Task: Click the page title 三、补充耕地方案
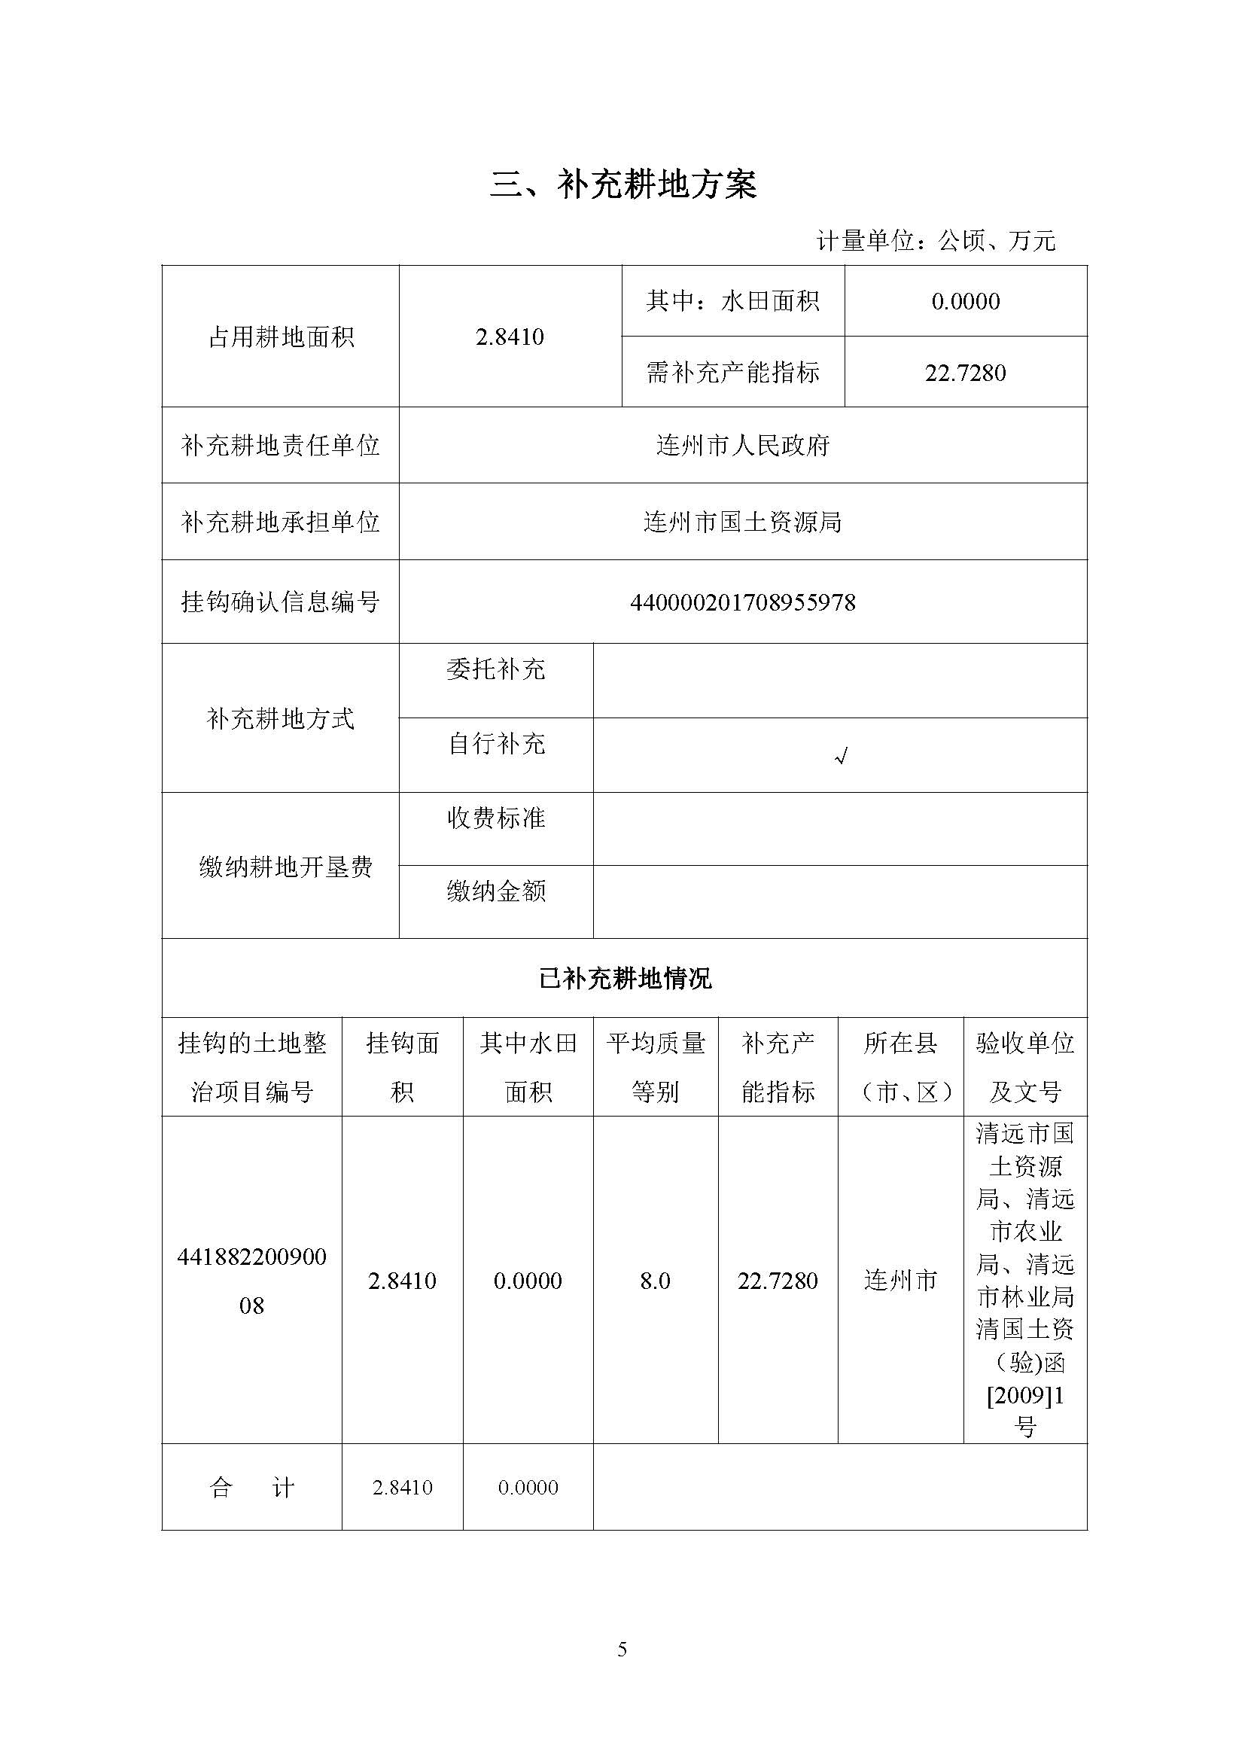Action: click(622, 185)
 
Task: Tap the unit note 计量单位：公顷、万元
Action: click(936, 241)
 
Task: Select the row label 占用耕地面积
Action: click(281, 337)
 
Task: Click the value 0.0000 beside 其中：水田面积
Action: click(965, 301)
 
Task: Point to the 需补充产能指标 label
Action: click(732, 373)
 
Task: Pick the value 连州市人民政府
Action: click(742, 446)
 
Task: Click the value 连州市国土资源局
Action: click(742, 523)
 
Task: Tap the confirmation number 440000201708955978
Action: click(742, 603)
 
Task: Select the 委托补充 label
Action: click(495, 669)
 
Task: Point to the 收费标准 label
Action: click(495, 818)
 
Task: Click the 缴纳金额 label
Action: click(495, 891)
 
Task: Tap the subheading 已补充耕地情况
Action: click(624, 979)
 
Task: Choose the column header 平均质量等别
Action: click(656, 1067)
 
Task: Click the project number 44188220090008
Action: click(251, 1281)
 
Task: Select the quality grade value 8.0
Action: click(656, 1281)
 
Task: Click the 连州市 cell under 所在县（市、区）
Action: click(900, 1281)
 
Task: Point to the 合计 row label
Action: click(251, 1488)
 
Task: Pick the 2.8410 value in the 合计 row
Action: click(403, 1488)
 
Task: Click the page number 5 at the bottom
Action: click(622, 1650)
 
